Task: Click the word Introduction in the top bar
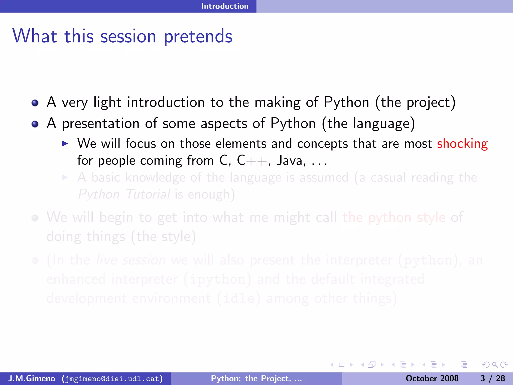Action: tap(225, 6)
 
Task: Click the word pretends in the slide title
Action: tap(198, 37)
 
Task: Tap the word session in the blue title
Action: tap(128, 37)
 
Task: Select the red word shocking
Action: tap(462, 144)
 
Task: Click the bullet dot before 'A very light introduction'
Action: tap(35, 103)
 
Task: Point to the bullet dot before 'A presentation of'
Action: tap(35, 124)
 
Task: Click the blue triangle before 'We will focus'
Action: tap(65, 144)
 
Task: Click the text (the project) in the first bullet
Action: tap(415, 103)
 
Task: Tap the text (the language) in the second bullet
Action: tap(368, 124)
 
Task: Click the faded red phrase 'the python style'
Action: tap(394, 217)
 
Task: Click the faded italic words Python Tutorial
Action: tap(124, 194)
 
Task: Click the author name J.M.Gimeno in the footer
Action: tap(32, 378)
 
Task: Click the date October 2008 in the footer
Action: tap(432, 378)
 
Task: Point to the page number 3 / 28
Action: tap(492, 378)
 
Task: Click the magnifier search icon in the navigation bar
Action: tap(495, 365)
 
